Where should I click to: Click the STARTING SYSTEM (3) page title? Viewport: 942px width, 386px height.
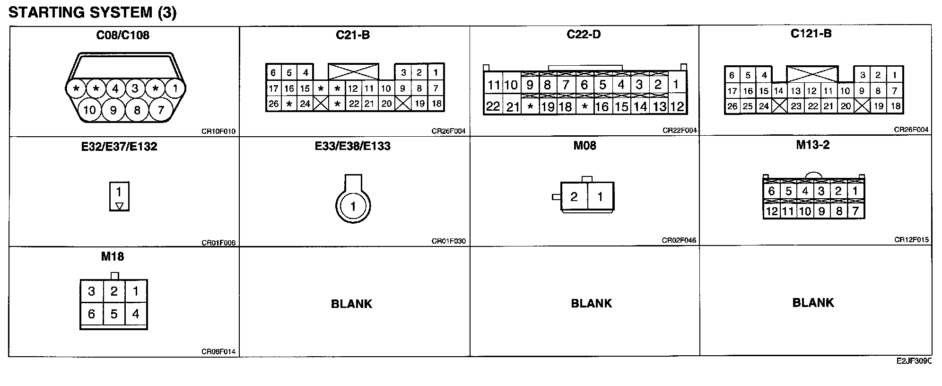(92, 12)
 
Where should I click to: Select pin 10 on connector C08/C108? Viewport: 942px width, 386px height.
(89, 110)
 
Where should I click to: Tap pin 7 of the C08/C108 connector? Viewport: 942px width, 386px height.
(161, 110)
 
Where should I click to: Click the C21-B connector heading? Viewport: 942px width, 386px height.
(353, 35)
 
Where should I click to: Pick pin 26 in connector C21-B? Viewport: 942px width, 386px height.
(273, 104)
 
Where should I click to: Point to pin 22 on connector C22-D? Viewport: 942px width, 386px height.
(493, 106)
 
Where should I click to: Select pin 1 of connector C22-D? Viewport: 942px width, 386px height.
(676, 84)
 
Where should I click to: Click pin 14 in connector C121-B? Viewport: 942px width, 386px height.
(778, 91)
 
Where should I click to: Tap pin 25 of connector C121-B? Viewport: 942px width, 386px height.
(748, 106)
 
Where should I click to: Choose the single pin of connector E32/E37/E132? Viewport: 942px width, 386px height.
(119, 192)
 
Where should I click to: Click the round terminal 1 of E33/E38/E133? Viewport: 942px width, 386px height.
(353, 206)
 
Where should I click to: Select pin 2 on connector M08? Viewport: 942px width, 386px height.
(574, 197)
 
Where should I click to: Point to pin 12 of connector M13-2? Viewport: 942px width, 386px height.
(771, 211)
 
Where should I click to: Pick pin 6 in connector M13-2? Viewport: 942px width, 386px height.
(771, 191)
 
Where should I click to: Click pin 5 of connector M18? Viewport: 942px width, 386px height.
(113, 314)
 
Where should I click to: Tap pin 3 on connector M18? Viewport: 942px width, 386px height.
(91, 291)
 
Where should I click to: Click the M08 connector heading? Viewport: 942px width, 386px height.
(584, 146)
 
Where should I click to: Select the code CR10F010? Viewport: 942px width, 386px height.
(218, 132)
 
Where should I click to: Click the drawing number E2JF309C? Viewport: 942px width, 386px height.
(914, 361)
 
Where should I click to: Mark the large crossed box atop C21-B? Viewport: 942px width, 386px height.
(353, 71)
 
